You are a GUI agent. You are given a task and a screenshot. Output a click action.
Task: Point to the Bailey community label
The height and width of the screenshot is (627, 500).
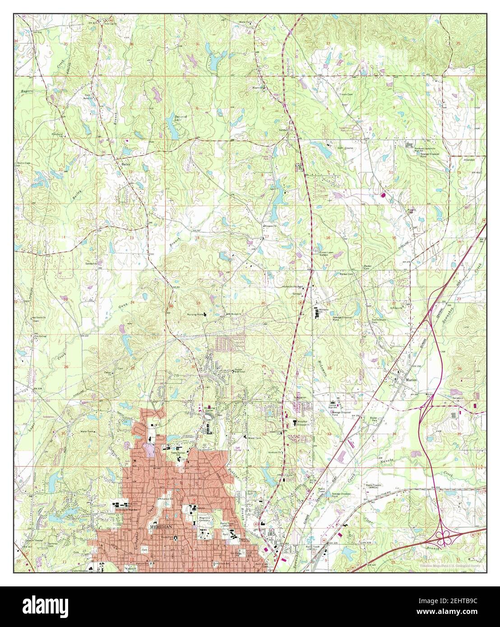(126, 165)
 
